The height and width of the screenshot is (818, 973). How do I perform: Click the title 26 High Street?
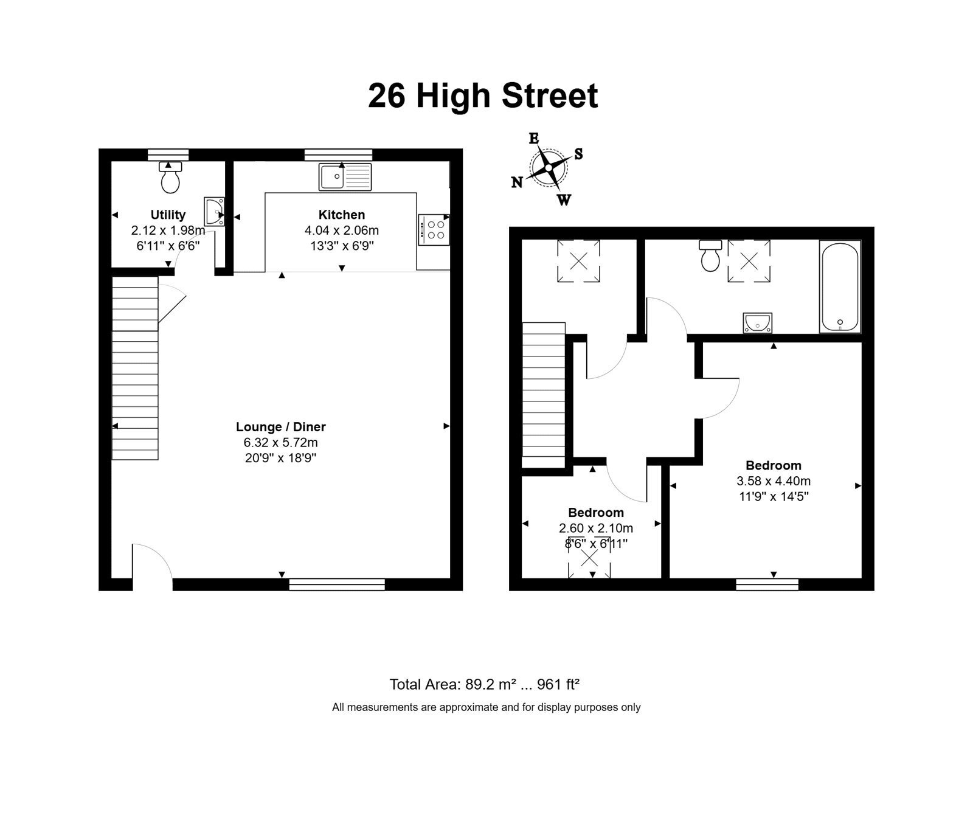(483, 96)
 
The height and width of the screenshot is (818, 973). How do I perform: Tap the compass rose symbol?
(548, 167)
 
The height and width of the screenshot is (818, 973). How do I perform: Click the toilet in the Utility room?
(171, 177)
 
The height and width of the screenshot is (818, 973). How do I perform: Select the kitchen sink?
(345, 176)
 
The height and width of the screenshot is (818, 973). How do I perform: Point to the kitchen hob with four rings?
(433, 229)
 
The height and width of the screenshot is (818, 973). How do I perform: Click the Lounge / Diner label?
(281, 427)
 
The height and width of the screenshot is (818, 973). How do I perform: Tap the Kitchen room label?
(342, 215)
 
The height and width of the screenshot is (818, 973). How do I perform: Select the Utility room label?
(168, 215)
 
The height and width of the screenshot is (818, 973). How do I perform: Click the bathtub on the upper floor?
(840, 286)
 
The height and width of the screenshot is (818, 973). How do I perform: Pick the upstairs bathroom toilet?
(710, 255)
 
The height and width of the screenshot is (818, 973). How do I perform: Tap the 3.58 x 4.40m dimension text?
(774, 481)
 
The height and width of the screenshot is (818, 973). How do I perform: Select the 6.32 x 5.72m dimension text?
(281, 443)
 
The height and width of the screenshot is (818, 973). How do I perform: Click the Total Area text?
(484, 684)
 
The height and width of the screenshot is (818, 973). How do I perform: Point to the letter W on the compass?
(564, 199)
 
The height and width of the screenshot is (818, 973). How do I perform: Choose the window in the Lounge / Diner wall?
(337, 584)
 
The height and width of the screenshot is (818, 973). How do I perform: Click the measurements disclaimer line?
(486, 707)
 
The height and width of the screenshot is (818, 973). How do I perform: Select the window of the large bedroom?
(767, 584)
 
